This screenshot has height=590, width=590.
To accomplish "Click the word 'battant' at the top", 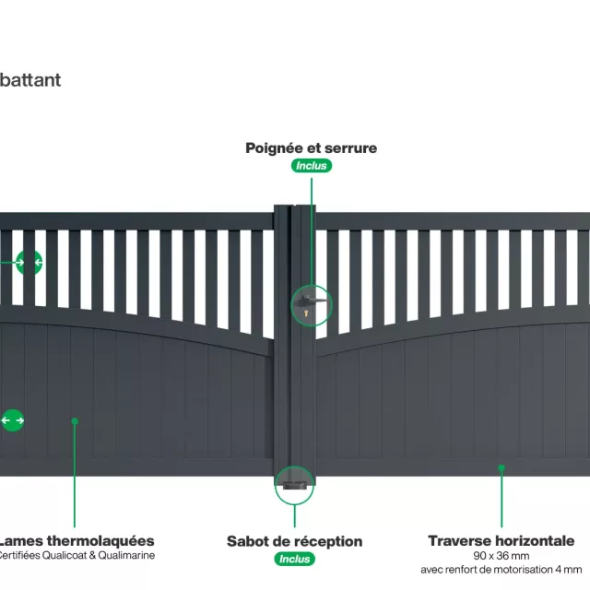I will tap(30, 79).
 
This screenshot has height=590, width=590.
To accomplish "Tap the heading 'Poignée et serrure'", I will tap(311, 147).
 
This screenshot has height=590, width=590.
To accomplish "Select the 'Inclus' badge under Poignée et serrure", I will tap(312, 166).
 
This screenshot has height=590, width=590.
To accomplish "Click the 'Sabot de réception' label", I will tap(294, 541).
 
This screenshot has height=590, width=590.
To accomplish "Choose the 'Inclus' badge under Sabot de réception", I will tap(295, 559).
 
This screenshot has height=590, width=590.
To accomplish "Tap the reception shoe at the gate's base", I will tap(295, 478).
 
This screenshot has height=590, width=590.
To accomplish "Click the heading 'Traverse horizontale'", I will tap(501, 541).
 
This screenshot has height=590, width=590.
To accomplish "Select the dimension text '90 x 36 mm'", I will tap(501, 556).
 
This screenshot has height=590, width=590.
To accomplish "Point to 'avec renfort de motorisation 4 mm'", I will tap(501, 570).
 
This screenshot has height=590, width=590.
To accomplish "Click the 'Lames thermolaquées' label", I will tap(76, 541).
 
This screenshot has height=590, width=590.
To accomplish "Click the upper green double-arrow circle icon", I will tap(29, 263).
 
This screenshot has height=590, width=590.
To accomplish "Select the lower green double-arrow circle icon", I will tap(12, 420).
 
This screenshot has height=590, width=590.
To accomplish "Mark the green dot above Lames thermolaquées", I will tap(75, 421).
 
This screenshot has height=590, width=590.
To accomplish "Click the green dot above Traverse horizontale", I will tap(501, 468).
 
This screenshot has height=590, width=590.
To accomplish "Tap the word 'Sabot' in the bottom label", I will tap(248, 541).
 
